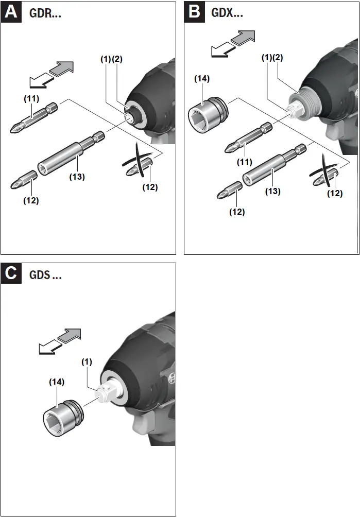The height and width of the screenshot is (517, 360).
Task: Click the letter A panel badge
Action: (11, 11)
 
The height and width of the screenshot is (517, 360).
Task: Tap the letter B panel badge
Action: (194, 11)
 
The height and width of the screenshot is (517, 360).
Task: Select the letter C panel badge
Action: (11, 273)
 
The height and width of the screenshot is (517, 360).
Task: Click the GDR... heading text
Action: (46, 14)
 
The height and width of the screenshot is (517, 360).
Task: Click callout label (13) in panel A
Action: (77, 176)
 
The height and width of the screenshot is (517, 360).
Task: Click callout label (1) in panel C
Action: (87, 361)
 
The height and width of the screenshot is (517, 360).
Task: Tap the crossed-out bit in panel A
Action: (139, 165)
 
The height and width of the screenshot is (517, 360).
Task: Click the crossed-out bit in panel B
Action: (325, 175)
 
